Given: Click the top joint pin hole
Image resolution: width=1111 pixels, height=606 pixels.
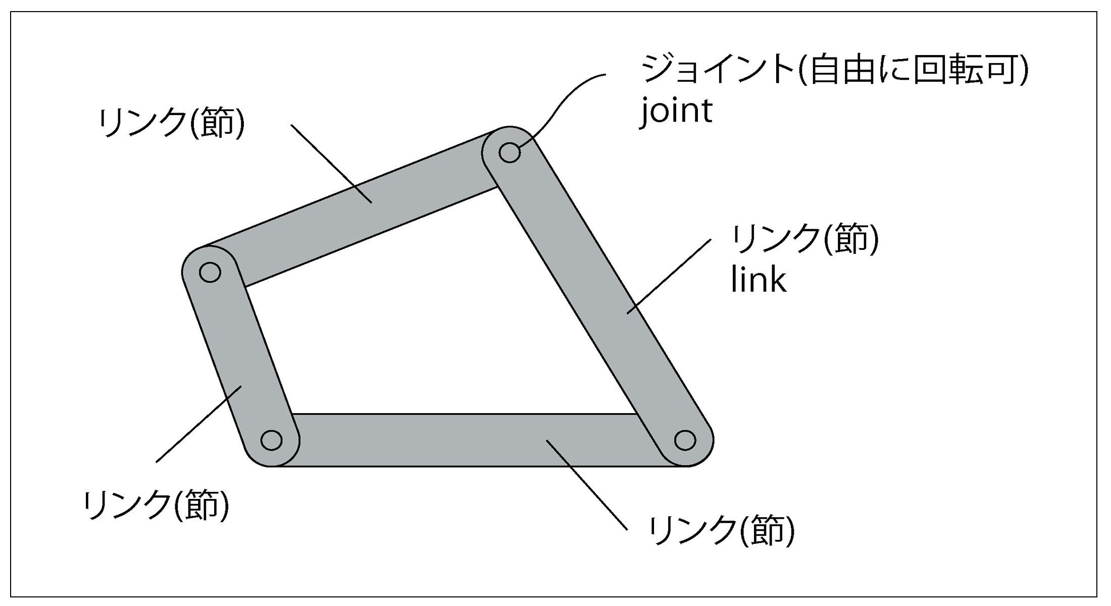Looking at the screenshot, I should coord(510,152).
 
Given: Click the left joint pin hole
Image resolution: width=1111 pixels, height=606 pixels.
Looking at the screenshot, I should coord(210,272).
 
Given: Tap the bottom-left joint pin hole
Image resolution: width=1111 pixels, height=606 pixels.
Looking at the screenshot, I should coord(271,440).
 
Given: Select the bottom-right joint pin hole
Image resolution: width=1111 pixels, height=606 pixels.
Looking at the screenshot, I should coord(685,440).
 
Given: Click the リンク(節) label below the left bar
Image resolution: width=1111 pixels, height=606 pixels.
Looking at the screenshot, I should coord(157,505).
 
